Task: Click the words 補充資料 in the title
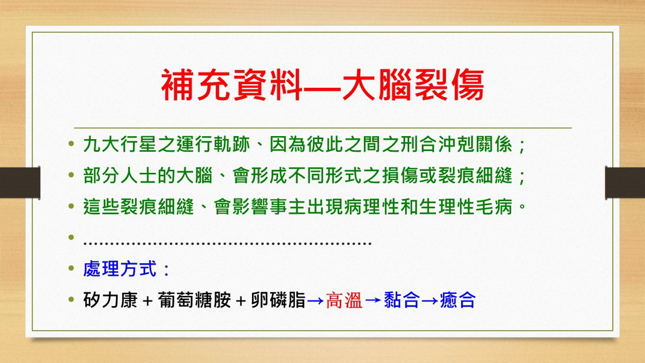point(232,85)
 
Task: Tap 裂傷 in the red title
point(449,85)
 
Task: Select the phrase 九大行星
point(120,145)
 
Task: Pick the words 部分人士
point(120,175)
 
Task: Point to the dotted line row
point(227,243)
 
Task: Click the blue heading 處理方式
point(120,269)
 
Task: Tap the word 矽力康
point(110,300)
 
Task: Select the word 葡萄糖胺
point(194,300)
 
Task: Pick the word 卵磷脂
point(279,300)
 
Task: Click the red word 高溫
point(344,300)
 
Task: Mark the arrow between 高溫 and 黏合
point(373,301)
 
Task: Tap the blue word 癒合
point(458,300)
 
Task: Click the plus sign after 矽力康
point(147,301)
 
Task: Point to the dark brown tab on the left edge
point(20,183)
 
